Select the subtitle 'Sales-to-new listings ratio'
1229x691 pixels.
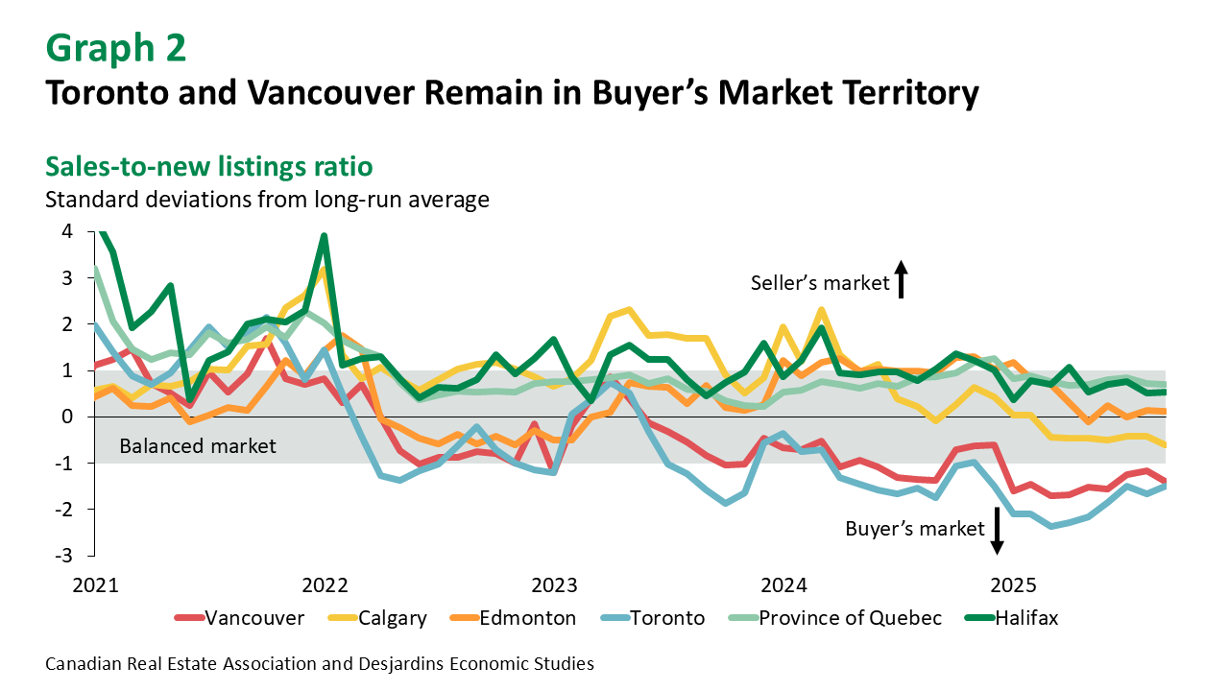pyautogui.click(x=208, y=166)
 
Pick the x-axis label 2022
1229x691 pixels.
pyautogui.click(x=324, y=585)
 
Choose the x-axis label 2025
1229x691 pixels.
pyautogui.click(x=1013, y=585)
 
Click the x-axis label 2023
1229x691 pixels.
pyautogui.click(x=554, y=585)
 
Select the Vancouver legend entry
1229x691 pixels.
pyautogui.click(x=239, y=618)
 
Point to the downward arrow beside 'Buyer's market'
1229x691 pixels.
pyautogui.click(x=997, y=531)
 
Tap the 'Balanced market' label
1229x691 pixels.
pyautogui.click(x=198, y=446)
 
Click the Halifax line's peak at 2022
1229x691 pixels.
pyautogui.click(x=325, y=236)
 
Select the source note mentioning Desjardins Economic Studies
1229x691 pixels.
pyautogui.click(x=319, y=663)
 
